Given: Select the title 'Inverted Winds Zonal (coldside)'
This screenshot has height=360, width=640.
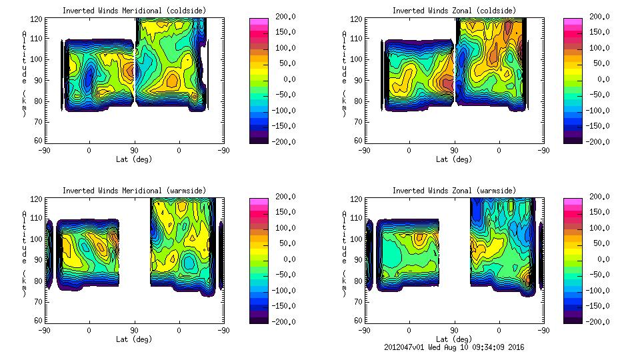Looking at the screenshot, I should (x=453, y=11).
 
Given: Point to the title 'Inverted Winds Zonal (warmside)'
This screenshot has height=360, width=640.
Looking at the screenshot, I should (x=453, y=191).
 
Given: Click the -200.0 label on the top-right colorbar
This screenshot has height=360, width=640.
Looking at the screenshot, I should (x=599, y=142).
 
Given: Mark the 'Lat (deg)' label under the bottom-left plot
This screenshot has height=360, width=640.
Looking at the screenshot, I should (x=133, y=339).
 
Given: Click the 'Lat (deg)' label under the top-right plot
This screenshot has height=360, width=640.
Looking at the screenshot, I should (x=453, y=159).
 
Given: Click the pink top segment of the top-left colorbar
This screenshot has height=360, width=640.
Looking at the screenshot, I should (x=259, y=22).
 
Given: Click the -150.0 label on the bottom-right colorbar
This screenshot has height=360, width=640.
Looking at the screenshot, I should (x=599, y=306).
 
